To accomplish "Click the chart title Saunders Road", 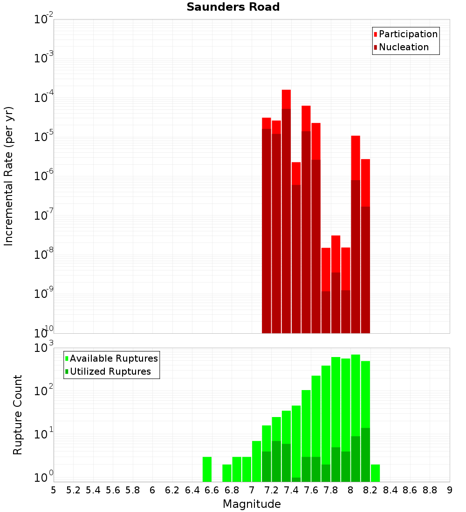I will click(233, 7).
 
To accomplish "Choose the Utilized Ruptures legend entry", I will click(110, 371).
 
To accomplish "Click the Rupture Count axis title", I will click(18, 414).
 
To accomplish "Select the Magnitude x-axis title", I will click(252, 504).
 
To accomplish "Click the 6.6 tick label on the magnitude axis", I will click(212, 490).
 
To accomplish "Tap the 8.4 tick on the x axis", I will click(391, 490).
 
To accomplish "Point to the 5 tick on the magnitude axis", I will click(54, 490).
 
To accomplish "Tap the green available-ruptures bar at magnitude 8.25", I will click(375, 473).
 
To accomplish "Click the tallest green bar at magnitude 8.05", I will click(356, 396).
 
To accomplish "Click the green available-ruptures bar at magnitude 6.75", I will click(227, 473).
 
